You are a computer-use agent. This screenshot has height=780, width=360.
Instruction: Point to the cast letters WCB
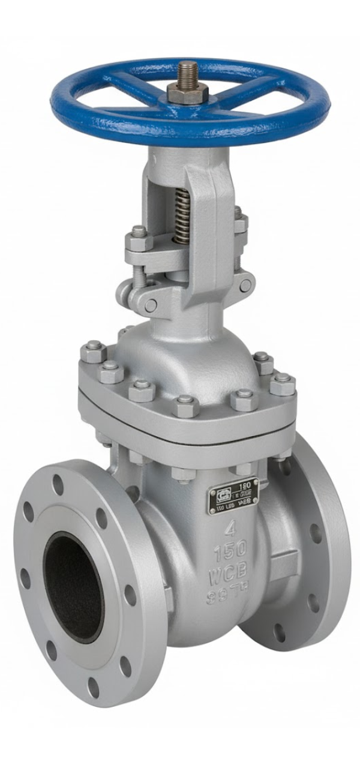(228, 577)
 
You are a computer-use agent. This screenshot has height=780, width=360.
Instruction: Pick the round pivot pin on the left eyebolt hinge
(150, 305)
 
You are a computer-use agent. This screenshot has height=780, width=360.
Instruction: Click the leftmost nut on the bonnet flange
(93, 351)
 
